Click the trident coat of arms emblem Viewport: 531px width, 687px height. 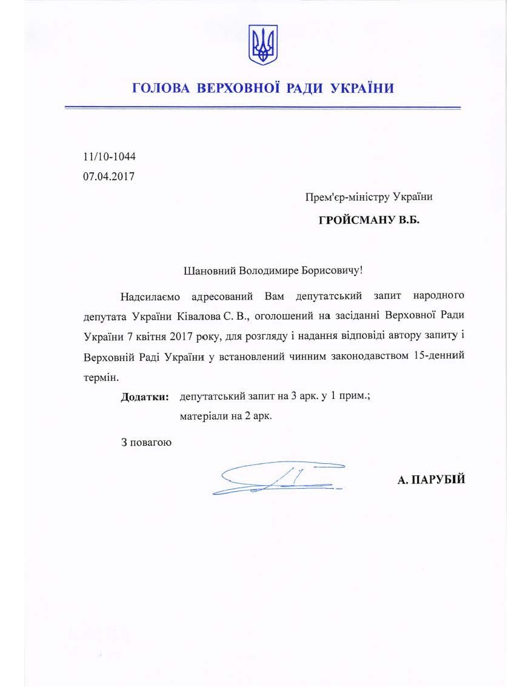263,44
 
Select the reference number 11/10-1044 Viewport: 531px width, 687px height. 109,156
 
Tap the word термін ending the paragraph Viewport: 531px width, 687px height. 100,376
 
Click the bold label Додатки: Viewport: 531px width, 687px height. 145,397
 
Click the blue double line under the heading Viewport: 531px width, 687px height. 263,108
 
